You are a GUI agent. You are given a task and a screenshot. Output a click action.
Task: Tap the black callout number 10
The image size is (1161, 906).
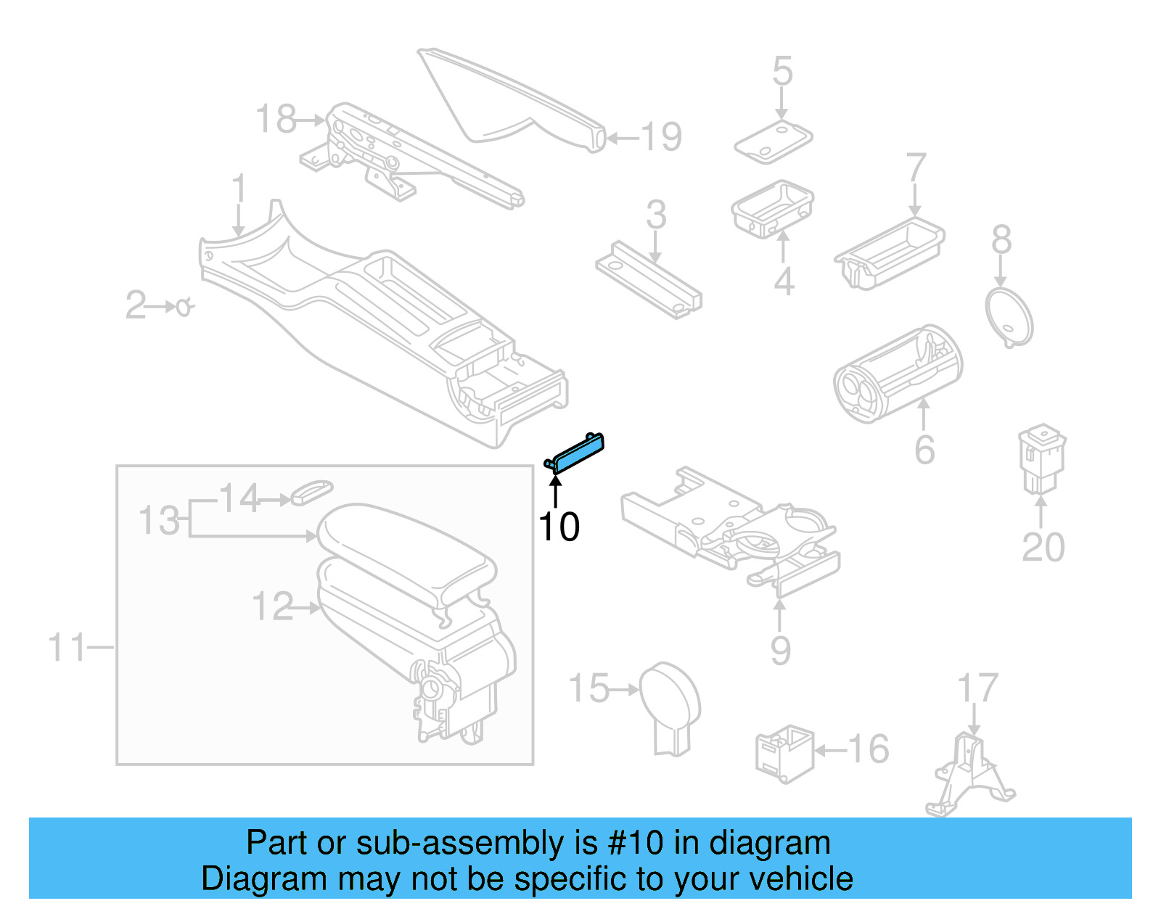[x=559, y=527]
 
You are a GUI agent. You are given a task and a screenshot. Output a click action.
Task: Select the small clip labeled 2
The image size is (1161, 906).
[x=184, y=307]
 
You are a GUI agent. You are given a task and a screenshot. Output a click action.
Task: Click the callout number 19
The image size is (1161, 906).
[x=661, y=137]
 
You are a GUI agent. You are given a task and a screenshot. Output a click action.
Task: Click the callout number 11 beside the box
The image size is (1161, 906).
[x=67, y=647]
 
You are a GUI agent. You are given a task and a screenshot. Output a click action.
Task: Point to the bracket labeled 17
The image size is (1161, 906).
[x=969, y=776]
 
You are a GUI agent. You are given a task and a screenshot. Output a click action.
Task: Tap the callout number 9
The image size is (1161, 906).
[x=780, y=651]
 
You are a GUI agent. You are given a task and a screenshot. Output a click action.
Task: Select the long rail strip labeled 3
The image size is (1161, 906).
[x=648, y=279]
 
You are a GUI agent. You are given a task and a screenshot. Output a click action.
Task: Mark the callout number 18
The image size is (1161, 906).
[x=276, y=119]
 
